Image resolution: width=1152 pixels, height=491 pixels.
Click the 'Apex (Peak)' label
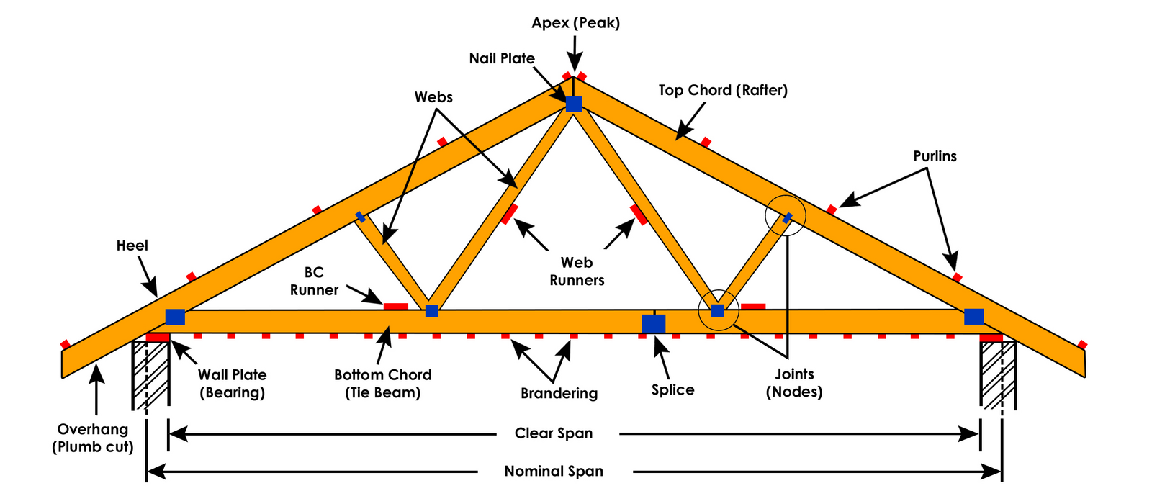tap(575, 23)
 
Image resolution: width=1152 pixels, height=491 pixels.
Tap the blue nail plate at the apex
tap(574, 104)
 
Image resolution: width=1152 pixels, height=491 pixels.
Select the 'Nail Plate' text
tap(502, 58)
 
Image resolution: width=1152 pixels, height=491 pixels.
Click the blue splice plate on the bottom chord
tap(653, 323)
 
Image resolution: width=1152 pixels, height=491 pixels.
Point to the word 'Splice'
tap(672, 390)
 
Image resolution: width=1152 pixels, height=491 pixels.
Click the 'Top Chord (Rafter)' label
tap(723, 90)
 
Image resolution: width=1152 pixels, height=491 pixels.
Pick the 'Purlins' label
tap(935, 156)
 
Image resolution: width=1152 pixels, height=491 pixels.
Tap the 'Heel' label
tap(132, 245)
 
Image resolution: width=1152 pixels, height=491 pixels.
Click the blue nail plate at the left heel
tap(175, 317)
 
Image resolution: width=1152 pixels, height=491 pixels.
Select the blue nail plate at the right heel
tap(973, 317)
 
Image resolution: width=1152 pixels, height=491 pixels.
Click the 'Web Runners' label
tap(577, 271)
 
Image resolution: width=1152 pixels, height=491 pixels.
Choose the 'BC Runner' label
tap(314, 281)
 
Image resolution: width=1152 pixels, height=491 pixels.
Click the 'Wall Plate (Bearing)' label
tap(232, 384)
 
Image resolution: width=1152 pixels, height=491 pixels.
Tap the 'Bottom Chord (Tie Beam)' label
tap(382, 384)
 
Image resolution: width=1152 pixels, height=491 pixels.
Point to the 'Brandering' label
tap(559, 393)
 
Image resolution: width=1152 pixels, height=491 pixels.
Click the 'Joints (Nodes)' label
tap(794, 383)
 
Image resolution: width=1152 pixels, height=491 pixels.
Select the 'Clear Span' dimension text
tap(554, 433)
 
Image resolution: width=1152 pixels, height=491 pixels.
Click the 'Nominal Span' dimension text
tap(554, 472)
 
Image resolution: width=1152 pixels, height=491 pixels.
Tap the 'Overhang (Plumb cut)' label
tap(93, 438)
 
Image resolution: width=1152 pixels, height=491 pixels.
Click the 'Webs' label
tap(433, 97)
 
